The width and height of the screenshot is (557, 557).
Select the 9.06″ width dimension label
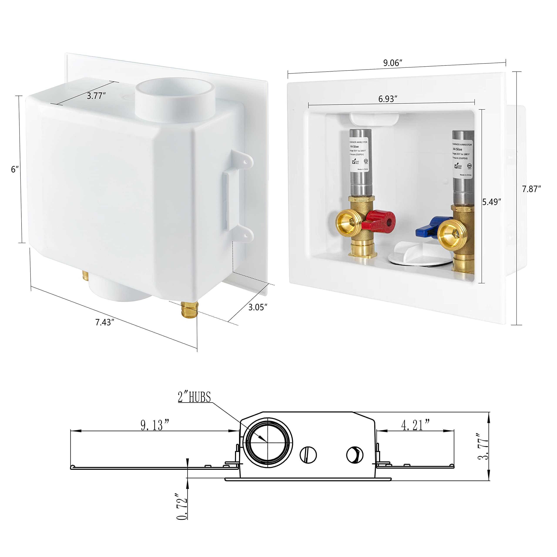[392, 63]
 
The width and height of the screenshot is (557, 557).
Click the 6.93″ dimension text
[388, 99]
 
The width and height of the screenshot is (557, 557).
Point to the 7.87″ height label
[531, 189]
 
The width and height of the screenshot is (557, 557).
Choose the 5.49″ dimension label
[492, 202]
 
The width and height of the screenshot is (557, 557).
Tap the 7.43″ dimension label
[105, 322]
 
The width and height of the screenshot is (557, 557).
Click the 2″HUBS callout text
[194, 397]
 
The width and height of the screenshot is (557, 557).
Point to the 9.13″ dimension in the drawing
[154, 425]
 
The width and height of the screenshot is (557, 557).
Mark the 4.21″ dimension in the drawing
[415, 425]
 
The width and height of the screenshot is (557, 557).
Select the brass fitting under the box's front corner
[189, 310]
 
